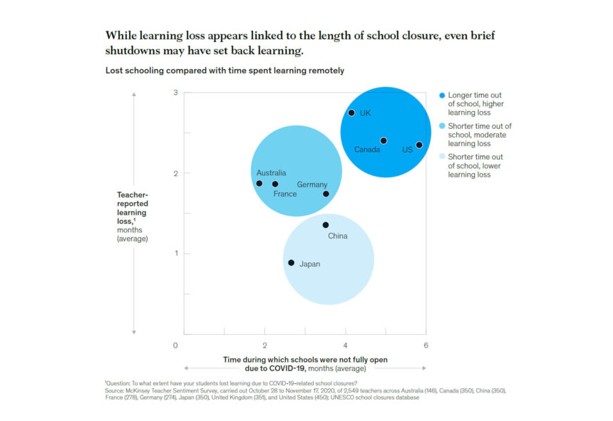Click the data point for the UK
pos(351,113)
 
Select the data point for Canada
pos(383,141)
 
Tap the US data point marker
pos(419,145)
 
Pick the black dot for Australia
pos(259,183)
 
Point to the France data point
pos(275,184)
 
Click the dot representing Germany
pos(326,194)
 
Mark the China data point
pos(326,225)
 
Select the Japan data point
pos(291,263)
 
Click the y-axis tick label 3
pos(175,93)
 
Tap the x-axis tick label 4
pos(345,345)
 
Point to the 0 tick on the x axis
pos(175,345)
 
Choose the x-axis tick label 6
pos(426,345)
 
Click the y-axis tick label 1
pos(175,254)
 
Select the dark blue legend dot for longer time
pos(442,95)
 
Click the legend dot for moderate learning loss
pos(442,126)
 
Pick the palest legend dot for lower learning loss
pos(442,157)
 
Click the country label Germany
pos(312,184)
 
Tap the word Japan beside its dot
pos(309,264)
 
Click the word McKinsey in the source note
pos(140,391)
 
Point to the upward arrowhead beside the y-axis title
pos(135,97)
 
